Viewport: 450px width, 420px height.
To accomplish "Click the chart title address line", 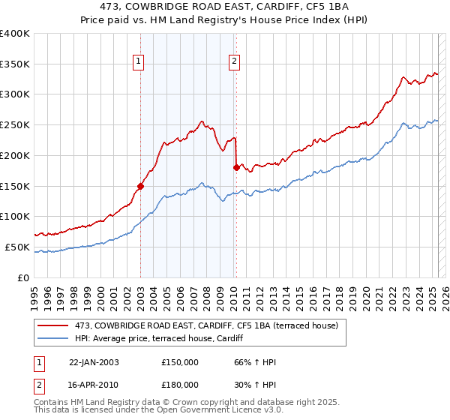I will pos(224,7).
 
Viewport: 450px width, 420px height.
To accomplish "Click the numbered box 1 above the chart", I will pos(139,62).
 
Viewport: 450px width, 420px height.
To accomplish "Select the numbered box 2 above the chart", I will pos(235,62).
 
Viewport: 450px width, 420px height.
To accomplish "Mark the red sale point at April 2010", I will pos(236,167).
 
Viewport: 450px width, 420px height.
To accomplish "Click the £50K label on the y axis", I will pos(17,247).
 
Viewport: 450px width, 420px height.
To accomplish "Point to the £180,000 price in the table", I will pos(180,384).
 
